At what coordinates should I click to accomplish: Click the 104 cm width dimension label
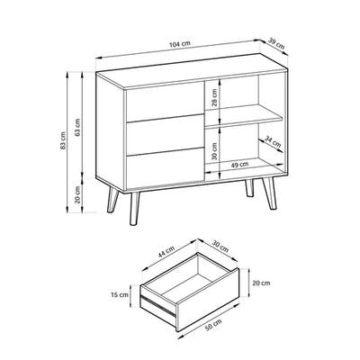pyautogui.click(x=180, y=44)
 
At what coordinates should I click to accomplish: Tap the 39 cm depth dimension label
pyautogui.click(x=276, y=44)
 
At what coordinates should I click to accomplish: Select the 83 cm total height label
pyautogui.click(x=63, y=140)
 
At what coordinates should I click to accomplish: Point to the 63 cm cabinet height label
pyautogui.click(x=77, y=128)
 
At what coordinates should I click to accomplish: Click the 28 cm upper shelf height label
pyautogui.click(x=214, y=98)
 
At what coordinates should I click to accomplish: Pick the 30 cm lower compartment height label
pyautogui.click(x=214, y=151)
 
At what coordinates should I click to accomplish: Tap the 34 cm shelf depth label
pyautogui.click(x=273, y=141)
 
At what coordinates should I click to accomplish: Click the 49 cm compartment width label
pyautogui.click(x=239, y=165)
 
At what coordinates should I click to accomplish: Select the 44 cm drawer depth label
pyautogui.click(x=166, y=251)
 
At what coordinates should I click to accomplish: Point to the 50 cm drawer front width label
pyautogui.click(x=213, y=325)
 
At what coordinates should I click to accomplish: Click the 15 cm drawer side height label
pyautogui.click(x=120, y=295)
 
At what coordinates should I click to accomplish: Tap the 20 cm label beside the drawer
pyautogui.click(x=261, y=283)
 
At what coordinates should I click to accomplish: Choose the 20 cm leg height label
pyautogui.click(x=77, y=194)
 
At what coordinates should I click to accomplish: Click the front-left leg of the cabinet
pyautogui.click(x=135, y=209)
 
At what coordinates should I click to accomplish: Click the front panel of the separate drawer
pyautogui.click(x=207, y=299)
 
